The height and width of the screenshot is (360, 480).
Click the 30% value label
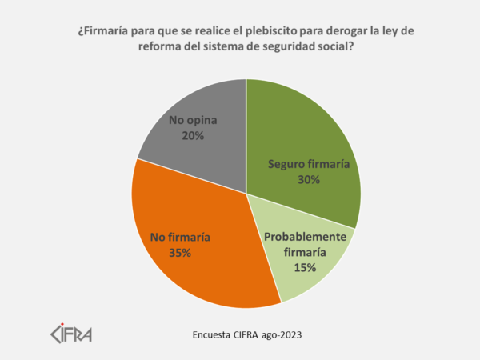point(308,180)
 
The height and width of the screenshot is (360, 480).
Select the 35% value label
point(180,253)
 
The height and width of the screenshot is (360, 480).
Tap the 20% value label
point(193,136)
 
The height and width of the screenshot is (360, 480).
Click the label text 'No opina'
point(193,121)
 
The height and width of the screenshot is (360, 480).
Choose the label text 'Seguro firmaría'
point(308,165)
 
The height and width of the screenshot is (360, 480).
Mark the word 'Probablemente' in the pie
point(306,238)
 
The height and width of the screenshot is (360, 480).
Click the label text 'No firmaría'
point(180,237)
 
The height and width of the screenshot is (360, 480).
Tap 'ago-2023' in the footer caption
point(287,334)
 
